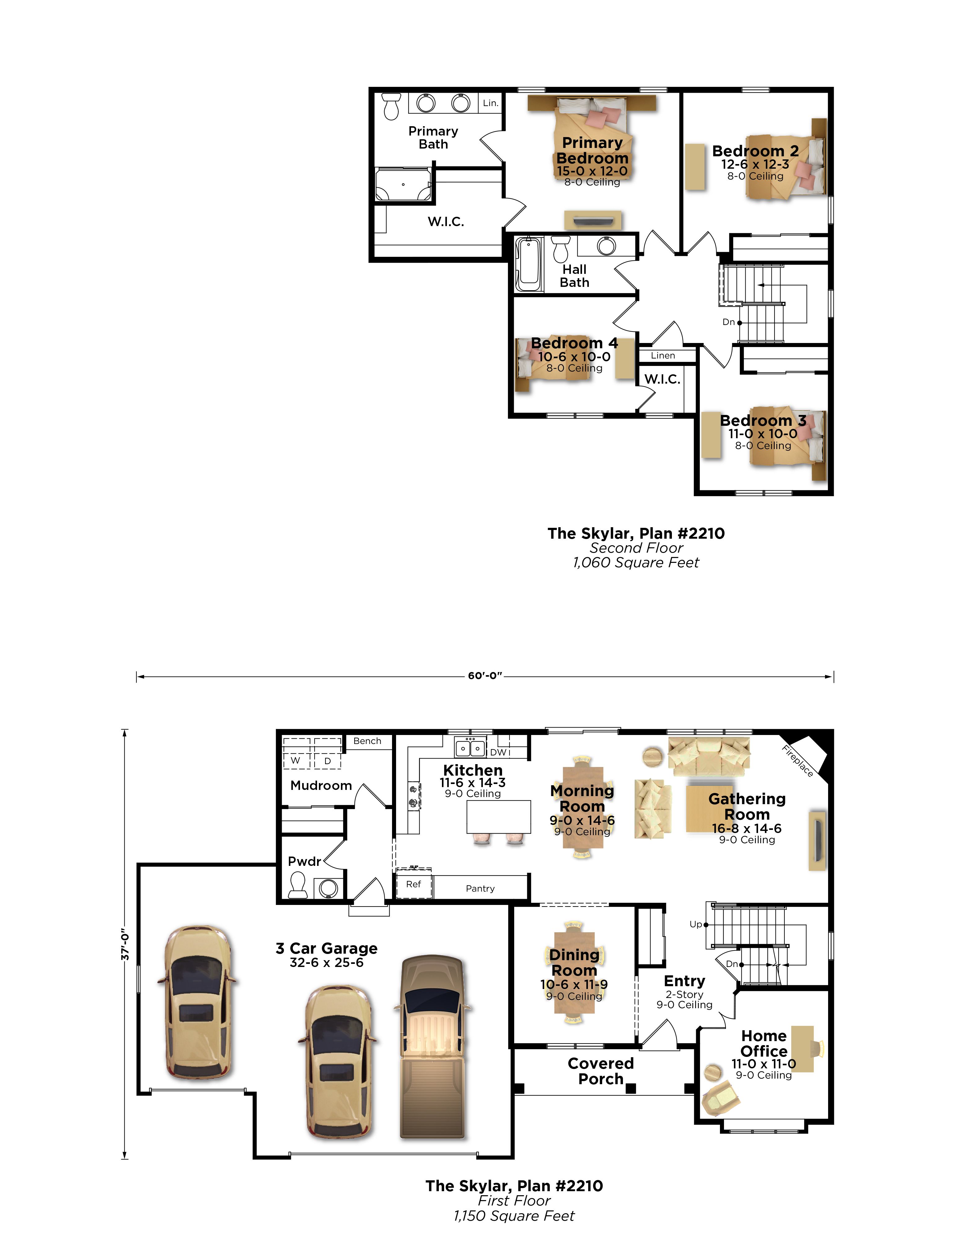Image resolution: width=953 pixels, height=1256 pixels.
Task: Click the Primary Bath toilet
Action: click(x=391, y=107)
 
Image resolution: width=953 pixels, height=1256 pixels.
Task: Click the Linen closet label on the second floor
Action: click(x=663, y=355)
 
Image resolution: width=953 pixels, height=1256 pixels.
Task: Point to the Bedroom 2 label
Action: click(x=755, y=151)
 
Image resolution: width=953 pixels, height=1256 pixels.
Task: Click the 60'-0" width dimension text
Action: click(x=485, y=676)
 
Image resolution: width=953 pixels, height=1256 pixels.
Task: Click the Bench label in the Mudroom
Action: click(x=367, y=741)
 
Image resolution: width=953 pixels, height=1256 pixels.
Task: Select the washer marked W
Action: click(x=296, y=754)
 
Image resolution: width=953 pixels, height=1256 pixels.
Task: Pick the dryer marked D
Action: click(x=328, y=754)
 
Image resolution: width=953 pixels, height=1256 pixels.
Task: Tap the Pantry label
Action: click(x=480, y=888)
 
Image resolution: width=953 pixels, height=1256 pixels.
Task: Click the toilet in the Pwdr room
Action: click(x=298, y=885)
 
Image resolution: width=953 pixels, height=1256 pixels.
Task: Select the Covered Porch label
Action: click(x=601, y=1071)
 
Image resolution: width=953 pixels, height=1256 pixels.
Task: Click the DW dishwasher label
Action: click(x=498, y=752)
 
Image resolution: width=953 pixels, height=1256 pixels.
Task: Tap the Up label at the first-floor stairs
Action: click(x=696, y=924)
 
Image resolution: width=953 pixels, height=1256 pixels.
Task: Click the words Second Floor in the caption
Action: click(x=636, y=548)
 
